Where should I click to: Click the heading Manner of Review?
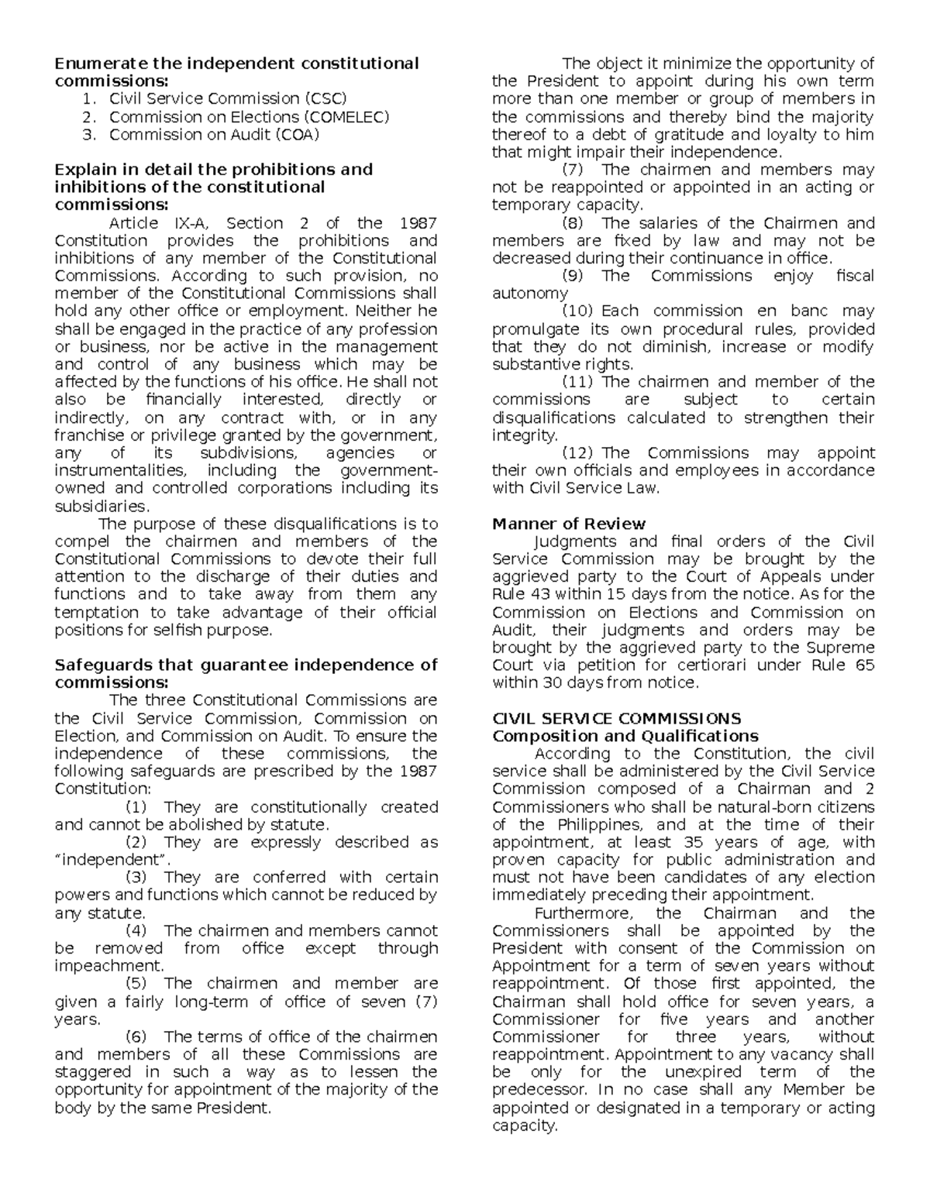point(569,524)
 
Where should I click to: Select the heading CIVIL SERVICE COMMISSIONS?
point(617,718)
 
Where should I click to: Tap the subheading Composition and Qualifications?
point(625,736)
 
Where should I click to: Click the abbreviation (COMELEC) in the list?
point(345,117)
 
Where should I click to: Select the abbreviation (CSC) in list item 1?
point(325,99)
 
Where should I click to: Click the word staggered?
point(93,1072)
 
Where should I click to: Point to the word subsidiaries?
point(101,507)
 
